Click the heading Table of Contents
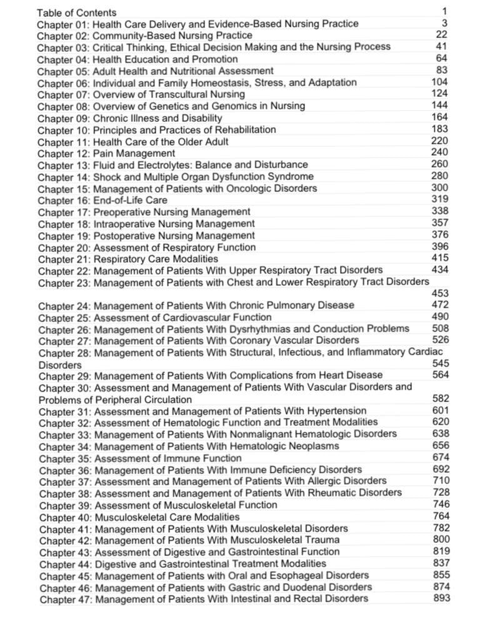(76, 13)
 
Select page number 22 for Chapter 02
(441, 35)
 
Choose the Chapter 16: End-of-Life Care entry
(103, 200)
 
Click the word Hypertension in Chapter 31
(334, 411)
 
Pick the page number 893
(441, 598)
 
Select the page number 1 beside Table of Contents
(444, 11)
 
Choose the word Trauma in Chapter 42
(323, 540)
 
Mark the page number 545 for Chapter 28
(441, 363)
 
